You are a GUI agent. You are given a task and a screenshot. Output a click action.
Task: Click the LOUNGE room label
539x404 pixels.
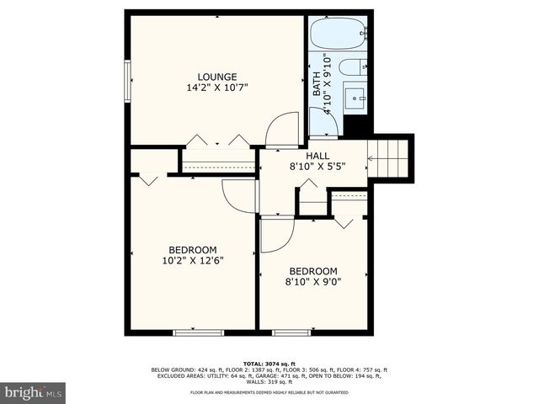click(216, 76)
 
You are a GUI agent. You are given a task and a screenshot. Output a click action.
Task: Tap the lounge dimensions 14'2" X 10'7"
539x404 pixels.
click(216, 87)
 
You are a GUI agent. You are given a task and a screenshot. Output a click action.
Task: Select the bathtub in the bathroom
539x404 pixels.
click(338, 34)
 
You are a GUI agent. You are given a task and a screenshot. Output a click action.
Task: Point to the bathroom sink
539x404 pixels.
click(355, 98)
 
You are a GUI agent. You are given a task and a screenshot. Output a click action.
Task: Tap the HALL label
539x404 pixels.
click(318, 156)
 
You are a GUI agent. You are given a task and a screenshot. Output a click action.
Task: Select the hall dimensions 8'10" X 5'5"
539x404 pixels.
click(318, 167)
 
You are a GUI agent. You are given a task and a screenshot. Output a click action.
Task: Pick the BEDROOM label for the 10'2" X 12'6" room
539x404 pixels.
click(193, 250)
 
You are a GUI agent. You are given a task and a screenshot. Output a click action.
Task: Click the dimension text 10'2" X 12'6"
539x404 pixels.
click(193, 261)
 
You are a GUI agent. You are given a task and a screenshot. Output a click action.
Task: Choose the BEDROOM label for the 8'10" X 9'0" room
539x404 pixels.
click(313, 271)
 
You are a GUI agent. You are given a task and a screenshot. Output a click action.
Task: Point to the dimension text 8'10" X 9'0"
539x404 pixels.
click(313, 282)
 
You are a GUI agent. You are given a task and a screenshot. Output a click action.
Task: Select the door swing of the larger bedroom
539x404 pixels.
click(239, 195)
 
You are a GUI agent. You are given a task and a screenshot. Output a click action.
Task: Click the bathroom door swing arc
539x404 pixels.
click(325, 122)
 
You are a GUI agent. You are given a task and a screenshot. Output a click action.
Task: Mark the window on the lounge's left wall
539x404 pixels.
click(128, 81)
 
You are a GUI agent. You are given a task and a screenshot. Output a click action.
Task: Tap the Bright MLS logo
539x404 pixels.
click(34, 392)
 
